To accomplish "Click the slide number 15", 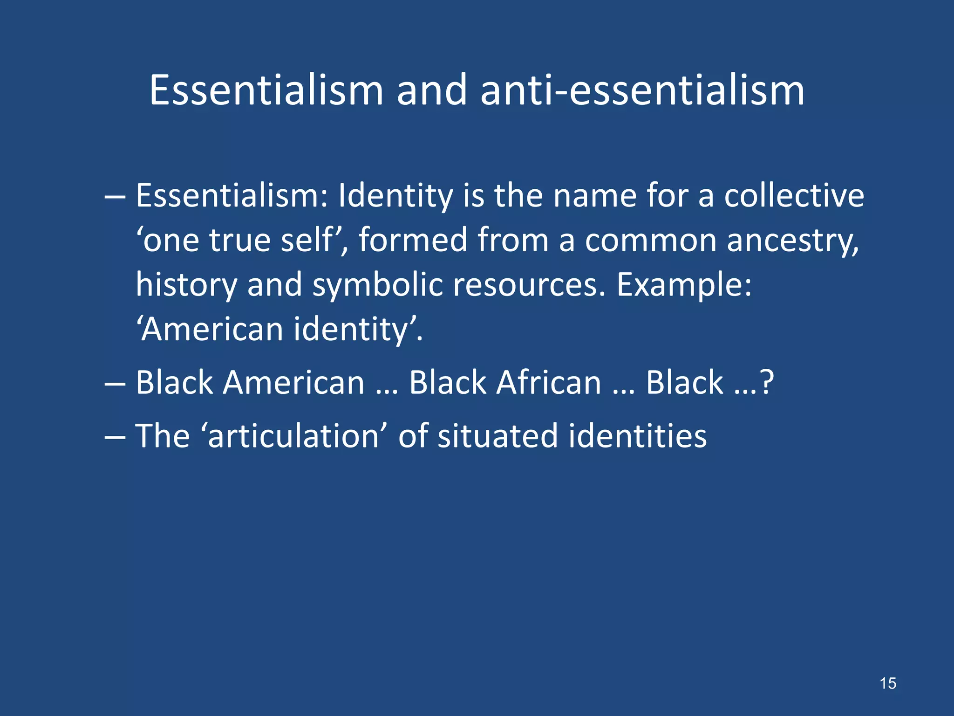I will pos(888,683).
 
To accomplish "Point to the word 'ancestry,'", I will pos(792,241).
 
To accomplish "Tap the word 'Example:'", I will pos(684,285).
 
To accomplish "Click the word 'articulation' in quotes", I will pos(293,436).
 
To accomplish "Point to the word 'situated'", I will pos(497,436).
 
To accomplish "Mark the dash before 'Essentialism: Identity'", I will pos(115,196).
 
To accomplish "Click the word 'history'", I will pos(186,285).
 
